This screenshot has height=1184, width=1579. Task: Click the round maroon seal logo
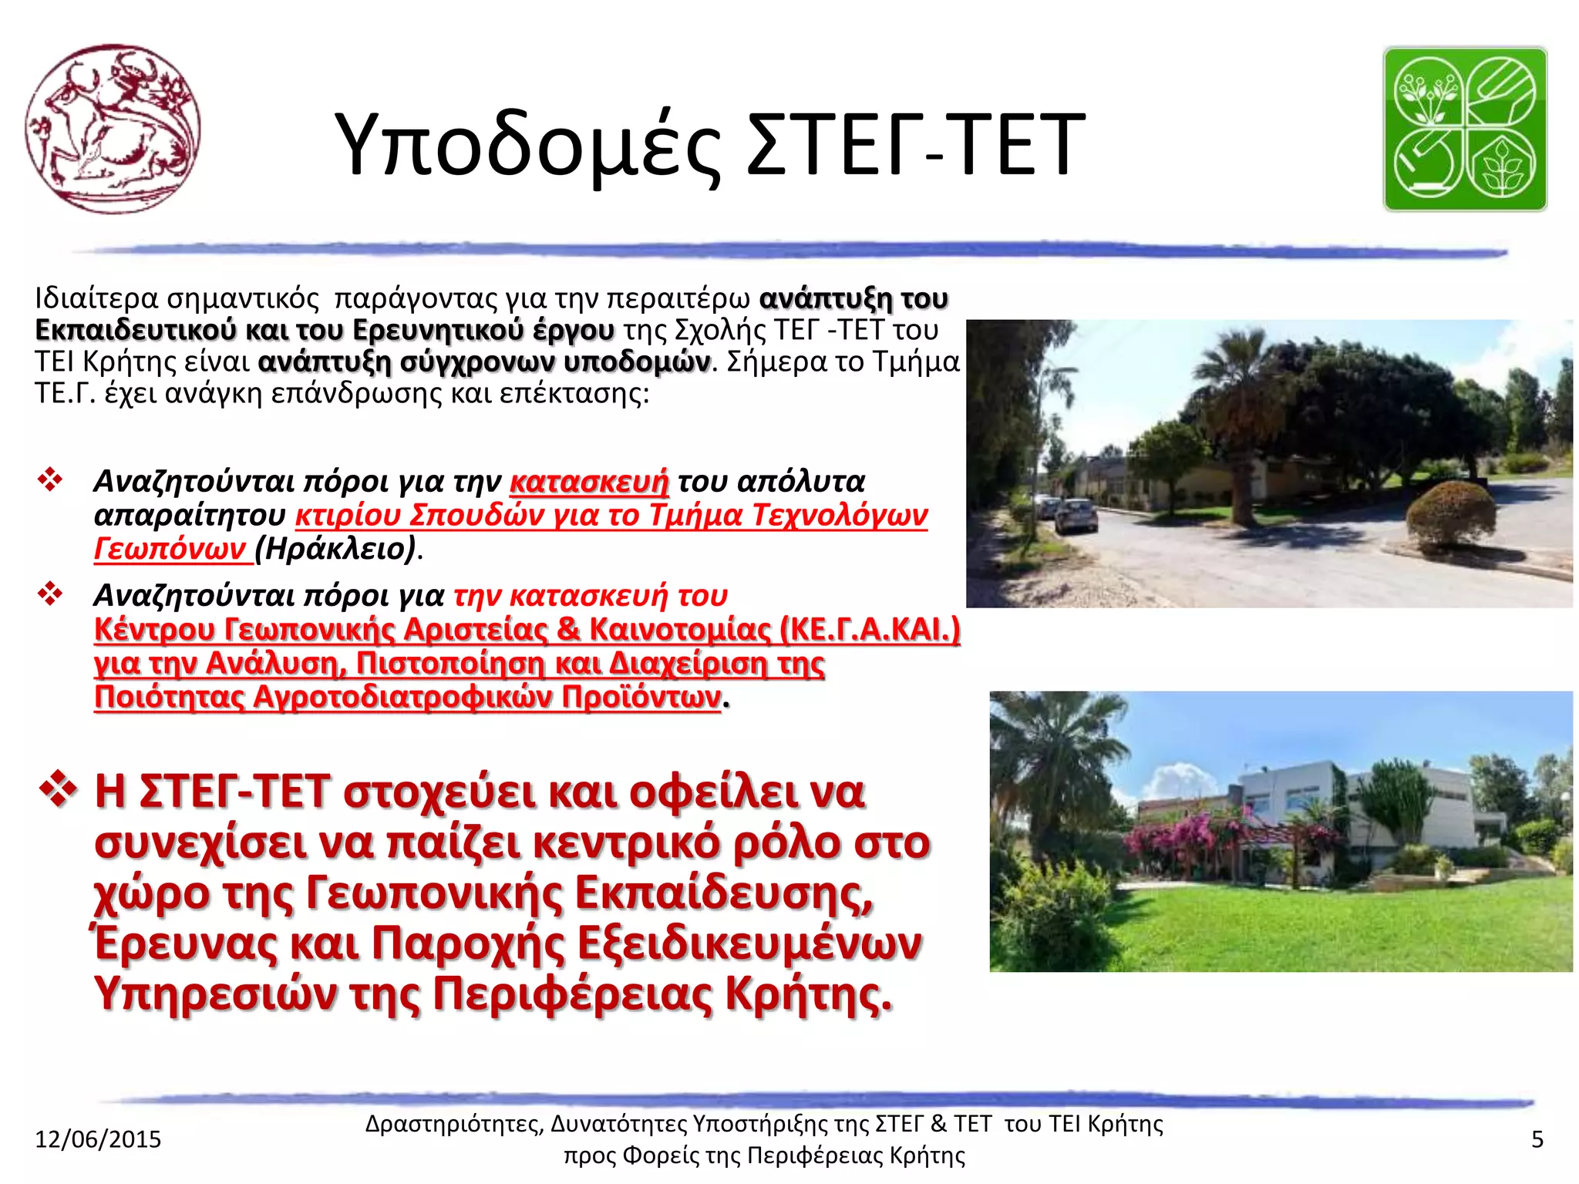pos(113,129)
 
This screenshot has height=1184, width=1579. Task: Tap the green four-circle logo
pos(1465,129)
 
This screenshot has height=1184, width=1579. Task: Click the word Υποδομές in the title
pos(529,145)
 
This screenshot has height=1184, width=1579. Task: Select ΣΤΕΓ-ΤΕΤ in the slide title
pos(916,145)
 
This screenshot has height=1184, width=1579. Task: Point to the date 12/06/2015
pos(98,1139)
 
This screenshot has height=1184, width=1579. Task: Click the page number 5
pos(1537,1139)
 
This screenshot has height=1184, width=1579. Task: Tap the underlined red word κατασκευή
pos(589,481)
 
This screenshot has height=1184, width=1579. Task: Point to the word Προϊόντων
pos(641,697)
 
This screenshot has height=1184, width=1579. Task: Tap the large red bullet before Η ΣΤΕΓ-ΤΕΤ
pos(58,789)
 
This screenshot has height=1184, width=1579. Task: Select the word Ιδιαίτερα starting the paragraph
pos(96,298)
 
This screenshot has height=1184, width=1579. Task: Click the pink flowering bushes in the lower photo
pos(1187,840)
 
